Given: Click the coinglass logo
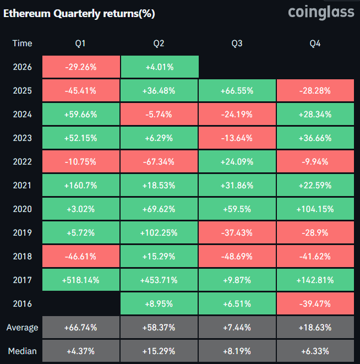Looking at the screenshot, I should click(x=321, y=12).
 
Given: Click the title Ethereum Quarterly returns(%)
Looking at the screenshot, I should click(x=79, y=14).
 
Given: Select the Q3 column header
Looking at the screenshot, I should click(x=237, y=43).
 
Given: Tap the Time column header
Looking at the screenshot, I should click(x=22, y=43).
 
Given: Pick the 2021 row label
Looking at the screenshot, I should click(x=22, y=186).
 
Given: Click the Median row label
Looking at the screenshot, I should click(x=22, y=351).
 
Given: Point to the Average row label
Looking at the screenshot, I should click(x=22, y=328).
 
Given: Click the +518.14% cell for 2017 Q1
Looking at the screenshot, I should click(x=80, y=280).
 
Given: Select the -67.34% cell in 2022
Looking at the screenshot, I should click(x=159, y=162).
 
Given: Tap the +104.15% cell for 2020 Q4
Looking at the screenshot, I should click(x=315, y=209).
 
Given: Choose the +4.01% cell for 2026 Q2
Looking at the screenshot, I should click(x=159, y=67).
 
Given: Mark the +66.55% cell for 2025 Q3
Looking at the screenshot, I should click(x=237, y=91).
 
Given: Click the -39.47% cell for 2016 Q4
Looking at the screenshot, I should click(x=315, y=304).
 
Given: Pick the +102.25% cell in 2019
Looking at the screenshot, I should click(x=159, y=233).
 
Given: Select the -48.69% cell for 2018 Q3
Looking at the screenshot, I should click(x=237, y=257).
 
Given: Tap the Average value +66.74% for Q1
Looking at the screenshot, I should click(x=80, y=328).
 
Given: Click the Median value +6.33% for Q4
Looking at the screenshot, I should click(x=315, y=351).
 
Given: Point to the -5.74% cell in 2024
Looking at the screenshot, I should click(x=159, y=115).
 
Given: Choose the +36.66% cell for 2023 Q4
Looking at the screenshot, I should click(x=315, y=138).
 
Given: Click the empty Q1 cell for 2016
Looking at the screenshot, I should click(x=80, y=304).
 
